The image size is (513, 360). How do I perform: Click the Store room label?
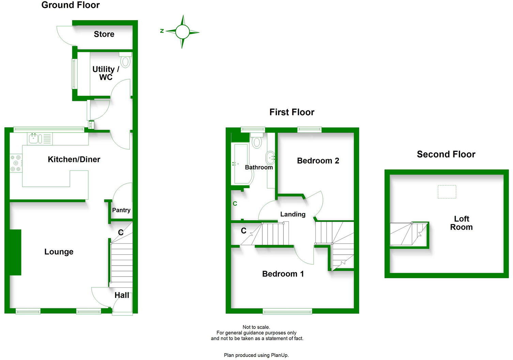click(104, 34)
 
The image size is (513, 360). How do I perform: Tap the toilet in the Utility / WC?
click(126, 61)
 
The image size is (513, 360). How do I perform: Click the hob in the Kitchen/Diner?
click(16, 163)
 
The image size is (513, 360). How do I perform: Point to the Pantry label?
click(121, 210)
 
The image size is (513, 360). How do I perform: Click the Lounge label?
click(59, 252)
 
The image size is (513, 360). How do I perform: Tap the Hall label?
click(122, 295)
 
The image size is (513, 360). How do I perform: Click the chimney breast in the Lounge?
click(15, 252)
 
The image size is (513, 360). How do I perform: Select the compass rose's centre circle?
click(182, 32)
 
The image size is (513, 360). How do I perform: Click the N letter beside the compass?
click(162, 31)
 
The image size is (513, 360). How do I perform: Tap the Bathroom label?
click(259, 167)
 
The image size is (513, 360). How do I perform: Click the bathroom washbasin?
click(270, 158)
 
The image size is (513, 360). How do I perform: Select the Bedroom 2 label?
click(318, 161)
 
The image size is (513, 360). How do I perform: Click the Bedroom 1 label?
click(283, 274)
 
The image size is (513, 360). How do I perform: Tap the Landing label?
click(293, 214)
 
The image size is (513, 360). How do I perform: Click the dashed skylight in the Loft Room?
click(447, 192)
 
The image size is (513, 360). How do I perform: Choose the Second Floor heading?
click(446, 154)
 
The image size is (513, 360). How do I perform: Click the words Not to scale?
click(256, 327)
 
